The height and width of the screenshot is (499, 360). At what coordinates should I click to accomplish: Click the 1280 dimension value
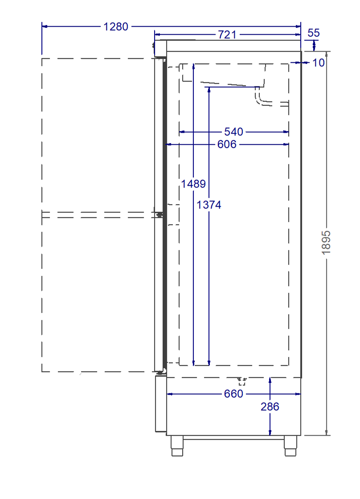(x=116, y=27)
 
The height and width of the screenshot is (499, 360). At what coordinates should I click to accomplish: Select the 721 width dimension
(x=227, y=34)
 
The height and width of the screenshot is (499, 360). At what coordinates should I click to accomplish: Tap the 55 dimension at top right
(x=314, y=33)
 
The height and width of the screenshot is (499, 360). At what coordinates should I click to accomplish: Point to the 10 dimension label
(x=318, y=63)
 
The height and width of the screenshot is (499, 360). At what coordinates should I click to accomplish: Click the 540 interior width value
(x=233, y=132)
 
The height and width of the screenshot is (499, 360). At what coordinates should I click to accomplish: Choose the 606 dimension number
(x=227, y=144)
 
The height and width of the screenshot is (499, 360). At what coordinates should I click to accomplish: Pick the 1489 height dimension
(x=193, y=184)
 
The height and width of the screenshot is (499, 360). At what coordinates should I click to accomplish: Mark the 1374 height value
(x=209, y=205)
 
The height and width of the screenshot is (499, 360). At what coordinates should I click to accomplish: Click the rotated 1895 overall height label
(x=327, y=243)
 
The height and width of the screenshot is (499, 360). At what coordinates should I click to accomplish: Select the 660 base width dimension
(x=233, y=394)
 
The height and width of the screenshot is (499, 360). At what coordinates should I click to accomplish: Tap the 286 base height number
(x=270, y=407)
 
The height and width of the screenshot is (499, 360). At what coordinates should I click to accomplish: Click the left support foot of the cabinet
(x=177, y=446)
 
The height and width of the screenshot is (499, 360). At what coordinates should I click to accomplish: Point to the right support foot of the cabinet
(x=290, y=446)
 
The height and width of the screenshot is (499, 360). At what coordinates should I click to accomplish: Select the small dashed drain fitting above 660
(x=242, y=381)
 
